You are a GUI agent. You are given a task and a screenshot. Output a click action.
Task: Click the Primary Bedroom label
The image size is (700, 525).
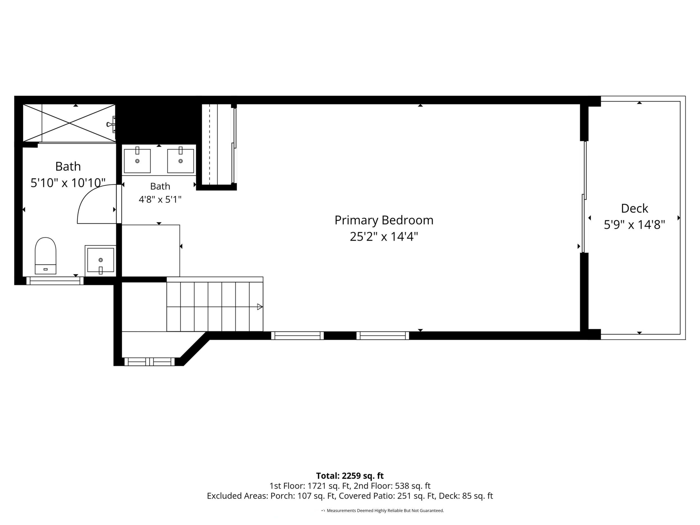click(384, 220)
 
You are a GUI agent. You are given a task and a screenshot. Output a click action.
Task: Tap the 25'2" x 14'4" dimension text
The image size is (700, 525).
click(384, 236)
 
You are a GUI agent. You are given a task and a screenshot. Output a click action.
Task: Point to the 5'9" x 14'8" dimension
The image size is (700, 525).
click(634, 225)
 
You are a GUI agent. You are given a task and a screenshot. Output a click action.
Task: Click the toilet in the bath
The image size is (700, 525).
click(45, 255)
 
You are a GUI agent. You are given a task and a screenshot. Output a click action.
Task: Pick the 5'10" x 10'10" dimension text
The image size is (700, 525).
click(68, 183)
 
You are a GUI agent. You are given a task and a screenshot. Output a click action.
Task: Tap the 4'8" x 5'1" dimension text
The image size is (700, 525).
click(160, 200)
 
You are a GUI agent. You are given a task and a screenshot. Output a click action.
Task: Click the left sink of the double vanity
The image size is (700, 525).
click(137, 160)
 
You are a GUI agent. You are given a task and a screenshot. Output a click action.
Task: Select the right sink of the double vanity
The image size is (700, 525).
click(180, 160)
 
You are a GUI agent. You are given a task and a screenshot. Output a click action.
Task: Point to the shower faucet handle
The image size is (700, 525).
click(111, 124)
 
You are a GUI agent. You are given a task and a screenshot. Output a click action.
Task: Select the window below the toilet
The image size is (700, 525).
click(55, 281)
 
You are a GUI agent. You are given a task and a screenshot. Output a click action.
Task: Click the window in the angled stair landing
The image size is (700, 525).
click(149, 362)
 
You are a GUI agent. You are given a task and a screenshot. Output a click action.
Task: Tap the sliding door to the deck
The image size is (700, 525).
click(584, 197)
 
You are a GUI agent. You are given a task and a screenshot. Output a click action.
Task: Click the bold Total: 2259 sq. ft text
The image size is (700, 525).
click(350, 476)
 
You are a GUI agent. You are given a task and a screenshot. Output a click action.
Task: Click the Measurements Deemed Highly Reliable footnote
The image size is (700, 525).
click(385, 510)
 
